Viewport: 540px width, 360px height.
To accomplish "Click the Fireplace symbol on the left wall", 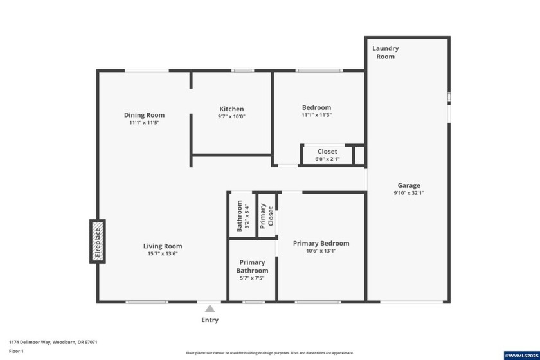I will coord(98,241).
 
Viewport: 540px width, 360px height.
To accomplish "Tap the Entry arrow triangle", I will coord(210,309).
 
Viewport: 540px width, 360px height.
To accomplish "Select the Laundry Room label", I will coord(386,52).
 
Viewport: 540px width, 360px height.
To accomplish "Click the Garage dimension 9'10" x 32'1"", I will coord(409,193).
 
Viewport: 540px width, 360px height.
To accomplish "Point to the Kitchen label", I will coord(231,109).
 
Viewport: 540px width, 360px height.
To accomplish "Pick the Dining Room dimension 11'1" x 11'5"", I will coord(144,122).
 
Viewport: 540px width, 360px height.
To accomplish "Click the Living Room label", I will coord(163,246).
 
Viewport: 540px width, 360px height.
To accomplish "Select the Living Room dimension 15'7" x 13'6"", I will coord(163,253).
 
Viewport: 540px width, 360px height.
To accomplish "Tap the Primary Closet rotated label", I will coord(267,216).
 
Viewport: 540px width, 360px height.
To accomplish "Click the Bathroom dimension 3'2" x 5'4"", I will coord(247,216).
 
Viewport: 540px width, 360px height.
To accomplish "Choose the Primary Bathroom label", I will coord(252,266).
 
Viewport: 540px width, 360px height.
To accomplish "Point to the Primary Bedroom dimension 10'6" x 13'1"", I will coord(321,251).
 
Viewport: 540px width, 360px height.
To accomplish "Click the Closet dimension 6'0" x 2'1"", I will coord(327,159).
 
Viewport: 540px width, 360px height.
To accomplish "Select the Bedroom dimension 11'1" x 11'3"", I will coord(317,115).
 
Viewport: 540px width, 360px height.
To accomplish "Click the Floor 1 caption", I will coord(16,351).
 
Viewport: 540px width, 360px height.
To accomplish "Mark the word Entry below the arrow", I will coord(210,319).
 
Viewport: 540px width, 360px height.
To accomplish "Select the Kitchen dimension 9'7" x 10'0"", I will coord(231,116).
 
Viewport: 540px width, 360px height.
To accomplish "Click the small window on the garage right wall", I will coord(449,96).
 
